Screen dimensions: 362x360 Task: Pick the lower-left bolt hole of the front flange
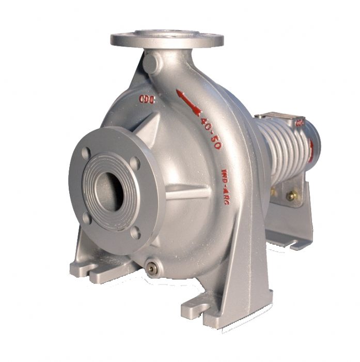point(87,217)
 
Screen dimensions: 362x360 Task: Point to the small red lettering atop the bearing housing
point(299,123)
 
